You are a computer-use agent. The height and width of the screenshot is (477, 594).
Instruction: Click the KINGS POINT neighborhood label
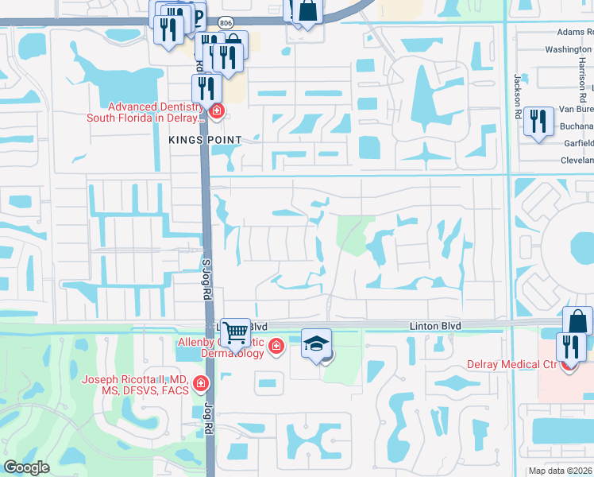coord(204,139)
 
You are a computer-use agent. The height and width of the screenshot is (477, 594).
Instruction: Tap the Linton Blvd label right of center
coord(434,326)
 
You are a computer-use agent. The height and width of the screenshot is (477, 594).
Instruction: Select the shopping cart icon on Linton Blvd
coord(235,332)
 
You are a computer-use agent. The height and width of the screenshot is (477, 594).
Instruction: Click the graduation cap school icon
coord(316,344)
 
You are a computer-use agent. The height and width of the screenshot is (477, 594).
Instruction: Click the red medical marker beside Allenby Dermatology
coord(276,346)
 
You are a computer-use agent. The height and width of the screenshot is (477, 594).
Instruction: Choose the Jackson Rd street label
coord(517,93)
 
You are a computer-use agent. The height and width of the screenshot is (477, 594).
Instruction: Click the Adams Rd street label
coord(575,32)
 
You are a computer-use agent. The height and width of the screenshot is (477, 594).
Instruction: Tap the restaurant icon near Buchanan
coord(539,122)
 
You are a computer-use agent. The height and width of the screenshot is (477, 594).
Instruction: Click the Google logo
coord(27,467)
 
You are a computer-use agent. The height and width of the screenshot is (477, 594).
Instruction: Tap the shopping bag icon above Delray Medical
coord(578,320)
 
